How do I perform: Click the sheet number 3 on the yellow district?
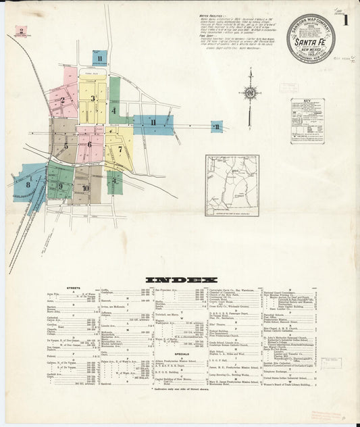pos(93,99)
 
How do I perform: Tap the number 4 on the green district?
pos(113,109)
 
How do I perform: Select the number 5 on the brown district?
pos(66,145)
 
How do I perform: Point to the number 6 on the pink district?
pos(88,144)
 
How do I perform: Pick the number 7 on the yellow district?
pos(120,149)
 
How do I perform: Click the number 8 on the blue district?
pos(28,184)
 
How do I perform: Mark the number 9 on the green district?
pos(60,186)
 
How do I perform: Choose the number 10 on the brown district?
pos(85,189)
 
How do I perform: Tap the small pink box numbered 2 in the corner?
pos(21,30)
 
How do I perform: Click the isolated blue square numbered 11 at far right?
pos(216,126)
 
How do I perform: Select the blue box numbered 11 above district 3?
pos(99,59)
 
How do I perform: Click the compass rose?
pos(251,92)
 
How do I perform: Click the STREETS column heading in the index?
pos(74,288)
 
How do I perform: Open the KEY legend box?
pos(307,120)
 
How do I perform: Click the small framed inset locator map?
pos(232,185)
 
